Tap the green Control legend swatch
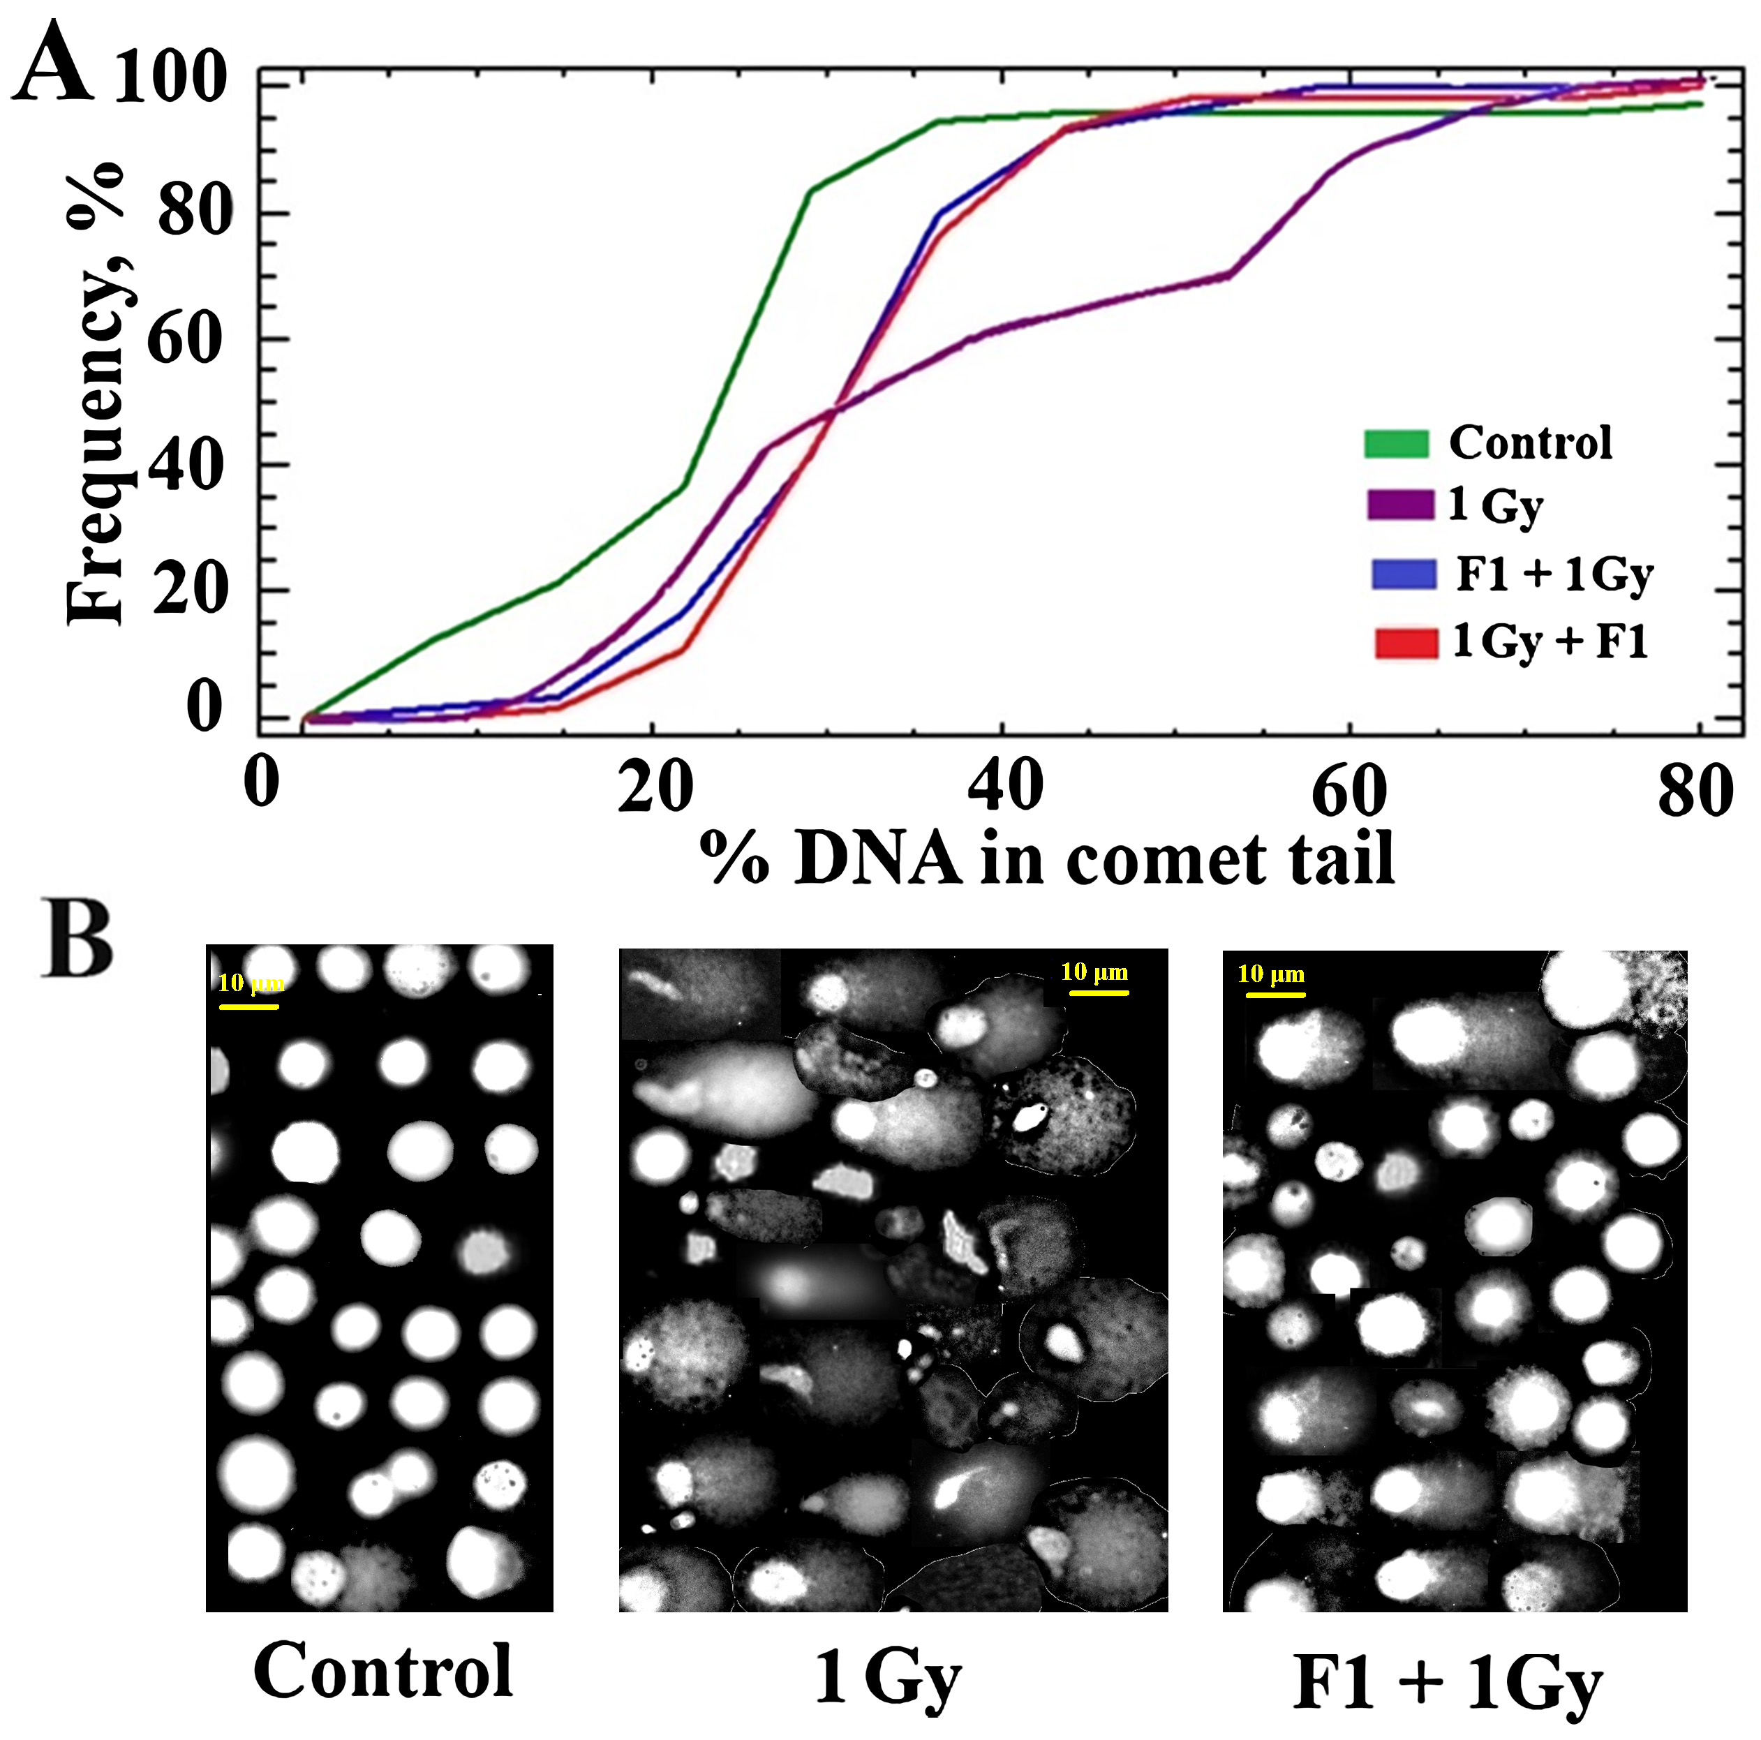(x=1395, y=444)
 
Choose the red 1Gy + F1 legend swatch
(x=1406, y=643)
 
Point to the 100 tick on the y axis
(x=170, y=77)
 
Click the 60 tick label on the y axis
(x=185, y=339)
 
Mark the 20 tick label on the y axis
(x=188, y=590)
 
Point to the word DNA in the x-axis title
(x=877, y=859)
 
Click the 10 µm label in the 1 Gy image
(x=1094, y=972)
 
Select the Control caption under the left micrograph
(x=382, y=1670)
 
